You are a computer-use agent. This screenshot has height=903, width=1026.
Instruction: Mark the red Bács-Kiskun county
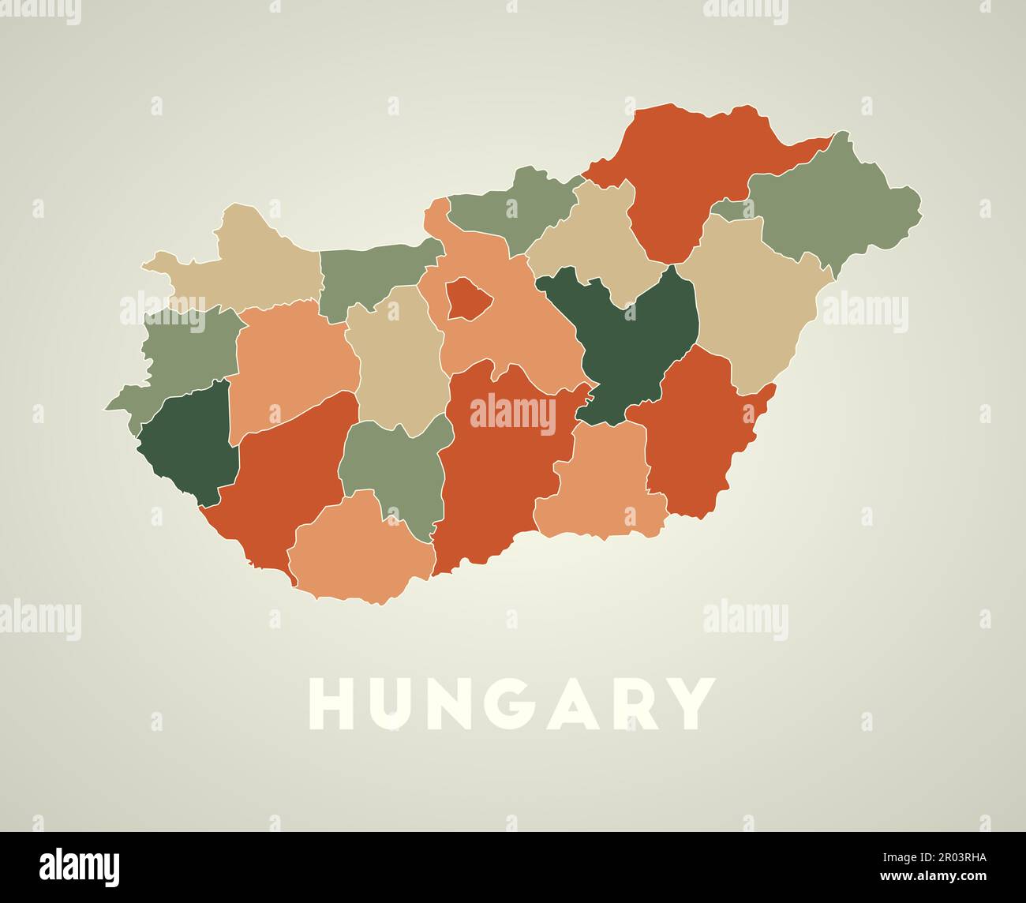coord(497,474)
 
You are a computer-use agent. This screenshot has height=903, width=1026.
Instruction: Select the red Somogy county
coord(284,481)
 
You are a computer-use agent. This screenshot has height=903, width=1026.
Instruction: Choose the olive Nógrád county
coord(513,209)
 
